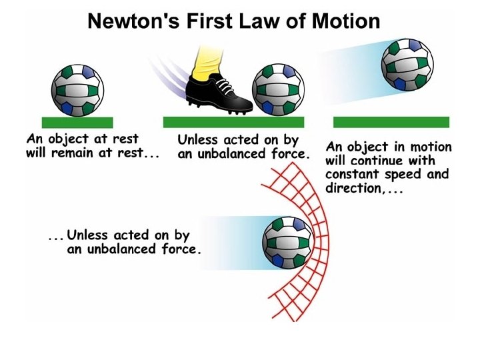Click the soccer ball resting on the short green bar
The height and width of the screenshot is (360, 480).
77,87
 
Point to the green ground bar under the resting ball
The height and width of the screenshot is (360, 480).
77,123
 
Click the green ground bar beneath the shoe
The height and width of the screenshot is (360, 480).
233,122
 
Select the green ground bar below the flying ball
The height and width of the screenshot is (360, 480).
391,122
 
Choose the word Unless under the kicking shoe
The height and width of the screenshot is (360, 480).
198,141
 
